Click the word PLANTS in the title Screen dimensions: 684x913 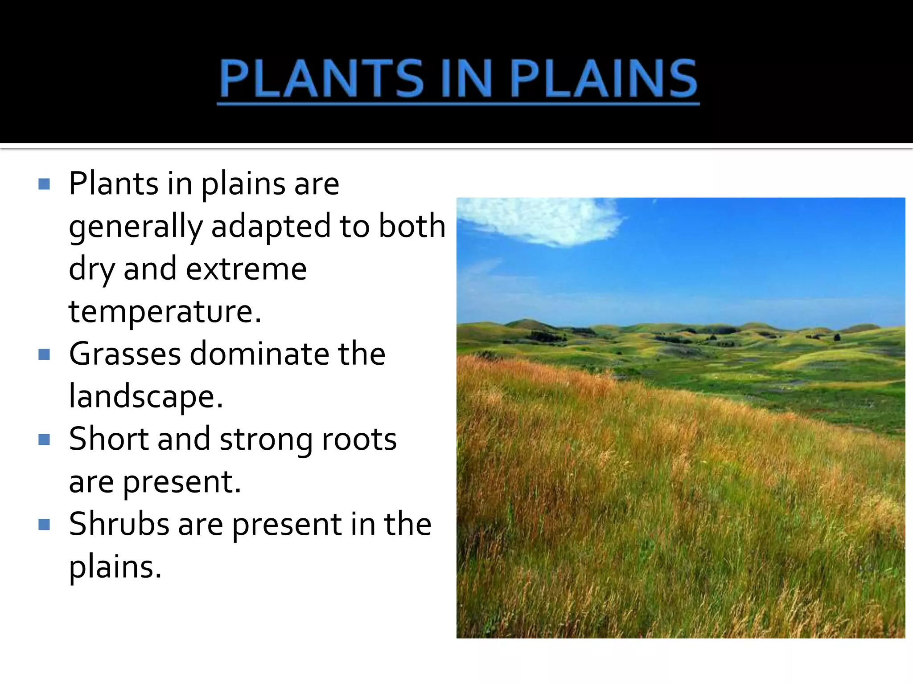click(x=321, y=79)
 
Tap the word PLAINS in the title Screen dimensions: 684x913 click(x=604, y=79)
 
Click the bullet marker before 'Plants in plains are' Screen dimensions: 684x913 click(x=44, y=184)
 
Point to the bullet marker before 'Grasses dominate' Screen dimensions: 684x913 click(x=44, y=354)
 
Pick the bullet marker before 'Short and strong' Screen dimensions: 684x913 click(x=44, y=440)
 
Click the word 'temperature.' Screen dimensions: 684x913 click(x=165, y=312)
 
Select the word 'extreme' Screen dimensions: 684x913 click(x=246, y=269)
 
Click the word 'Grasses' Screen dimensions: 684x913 click(x=125, y=354)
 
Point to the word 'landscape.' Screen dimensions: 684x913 click(x=146, y=396)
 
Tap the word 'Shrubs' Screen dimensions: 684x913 click(x=119, y=524)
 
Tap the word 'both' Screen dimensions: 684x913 click(x=412, y=226)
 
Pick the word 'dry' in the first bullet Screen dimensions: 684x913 click(x=91, y=270)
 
